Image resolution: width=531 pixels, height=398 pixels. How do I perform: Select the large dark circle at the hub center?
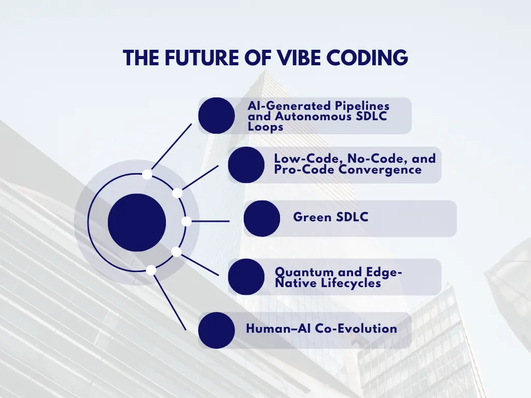(x=137, y=222)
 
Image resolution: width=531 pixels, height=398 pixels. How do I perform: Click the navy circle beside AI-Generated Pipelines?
(x=216, y=116)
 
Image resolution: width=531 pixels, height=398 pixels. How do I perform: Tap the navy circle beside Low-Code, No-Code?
(x=246, y=165)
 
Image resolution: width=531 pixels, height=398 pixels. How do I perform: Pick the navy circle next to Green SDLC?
(x=262, y=219)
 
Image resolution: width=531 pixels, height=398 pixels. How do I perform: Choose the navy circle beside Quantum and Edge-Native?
(x=246, y=277)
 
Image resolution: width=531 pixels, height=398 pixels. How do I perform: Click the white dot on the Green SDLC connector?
(x=187, y=221)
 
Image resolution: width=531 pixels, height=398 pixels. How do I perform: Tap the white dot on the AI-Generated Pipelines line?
(x=147, y=174)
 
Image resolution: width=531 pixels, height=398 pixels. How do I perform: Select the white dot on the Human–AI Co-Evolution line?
(x=151, y=270)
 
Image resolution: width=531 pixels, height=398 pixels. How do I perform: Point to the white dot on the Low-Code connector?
(x=177, y=193)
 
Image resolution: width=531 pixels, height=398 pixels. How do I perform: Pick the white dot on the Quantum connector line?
(x=176, y=252)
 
